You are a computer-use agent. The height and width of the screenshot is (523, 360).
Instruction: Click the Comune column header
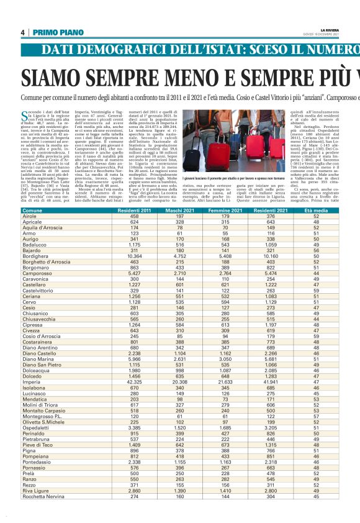click(x=32, y=211)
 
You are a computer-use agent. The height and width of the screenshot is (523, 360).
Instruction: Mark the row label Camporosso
click(x=37, y=273)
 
